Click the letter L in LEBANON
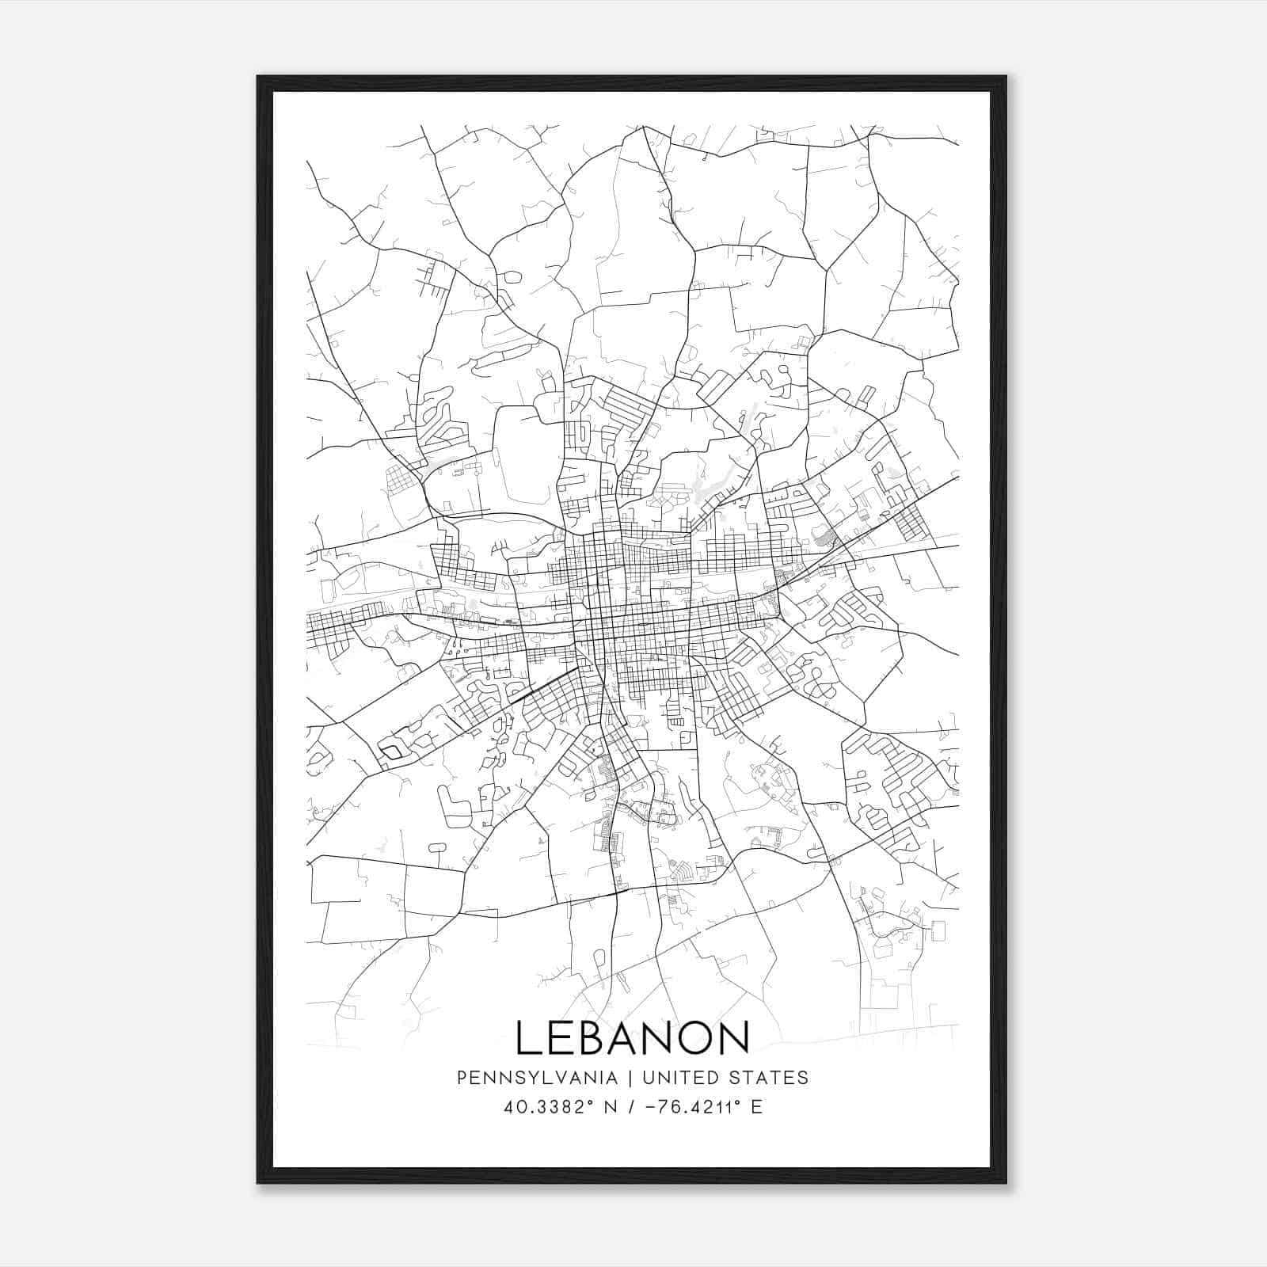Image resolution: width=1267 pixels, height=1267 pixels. pos(530,1037)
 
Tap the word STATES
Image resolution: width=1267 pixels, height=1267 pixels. pos(768,1078)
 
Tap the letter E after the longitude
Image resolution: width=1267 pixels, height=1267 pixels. pos(757,1107)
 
